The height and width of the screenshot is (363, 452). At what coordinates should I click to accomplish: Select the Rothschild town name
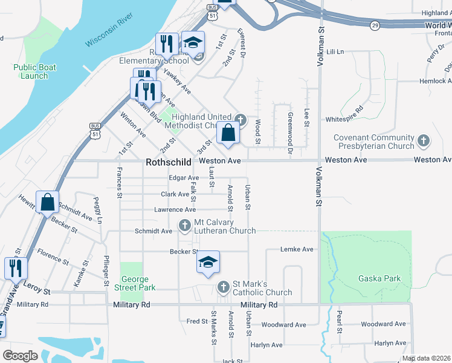169,162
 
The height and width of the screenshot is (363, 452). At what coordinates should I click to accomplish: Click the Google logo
19,355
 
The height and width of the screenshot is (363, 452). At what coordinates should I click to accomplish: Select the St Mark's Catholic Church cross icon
224,286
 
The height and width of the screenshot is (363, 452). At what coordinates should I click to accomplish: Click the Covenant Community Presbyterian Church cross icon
423,142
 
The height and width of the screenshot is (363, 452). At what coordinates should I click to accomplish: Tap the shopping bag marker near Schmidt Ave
47,202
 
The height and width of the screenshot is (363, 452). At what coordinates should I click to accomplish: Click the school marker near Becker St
208,262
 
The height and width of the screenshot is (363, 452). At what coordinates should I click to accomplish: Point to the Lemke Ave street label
297,249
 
